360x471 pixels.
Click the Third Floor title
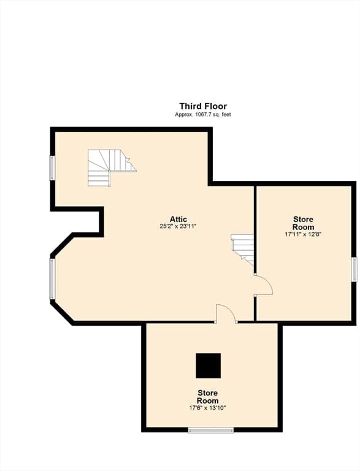point(203,106)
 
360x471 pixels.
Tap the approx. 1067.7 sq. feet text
point(203,115)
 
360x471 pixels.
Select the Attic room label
point(178,219)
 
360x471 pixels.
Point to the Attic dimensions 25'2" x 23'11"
point(178,226)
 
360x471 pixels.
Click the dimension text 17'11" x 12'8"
point(303,235)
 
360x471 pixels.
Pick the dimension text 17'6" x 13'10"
point(207,408)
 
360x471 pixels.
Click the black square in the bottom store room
point(209,366)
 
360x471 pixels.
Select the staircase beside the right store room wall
point(242,250)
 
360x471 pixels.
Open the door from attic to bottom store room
point(226,314)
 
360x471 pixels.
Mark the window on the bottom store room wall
point(211,430)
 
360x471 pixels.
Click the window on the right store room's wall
point(354,269)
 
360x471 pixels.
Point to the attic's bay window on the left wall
point(52,279)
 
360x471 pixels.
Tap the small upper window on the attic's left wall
point(52,168)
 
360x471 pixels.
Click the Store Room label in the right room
point(303,223)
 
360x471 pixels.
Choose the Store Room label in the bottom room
point(208,397)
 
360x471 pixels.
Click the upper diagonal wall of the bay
point(62,245)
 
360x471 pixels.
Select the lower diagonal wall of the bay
point(62,312)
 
